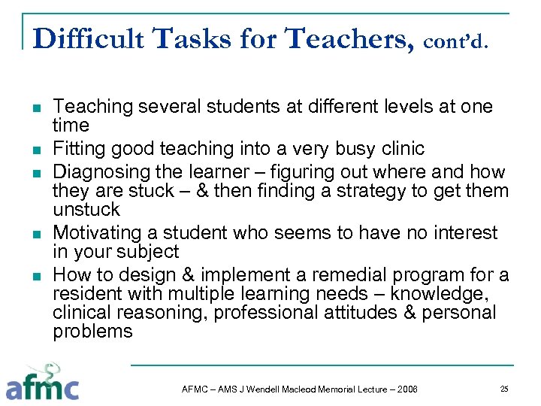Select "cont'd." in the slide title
457,42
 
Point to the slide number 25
504,389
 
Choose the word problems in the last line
92,332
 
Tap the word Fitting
80,149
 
